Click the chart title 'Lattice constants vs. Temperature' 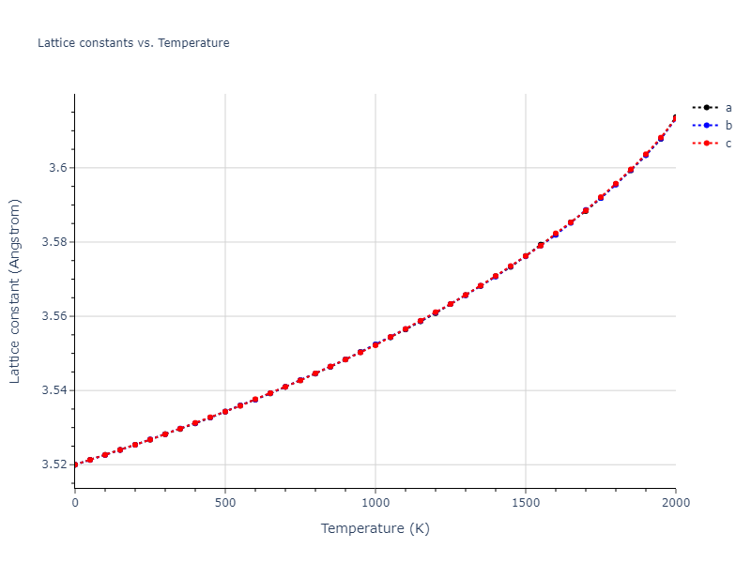click(x=133, y=43)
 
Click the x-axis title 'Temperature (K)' click(x=375, y=528)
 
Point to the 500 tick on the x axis click(x=225, y=503)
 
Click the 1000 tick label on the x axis click(x=375, y=503)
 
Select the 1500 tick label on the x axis click(x=526, y=503)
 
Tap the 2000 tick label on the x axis click(x=675, y=503)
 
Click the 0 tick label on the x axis click(x=75, y=503)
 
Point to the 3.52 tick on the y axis click(x=54, y=464)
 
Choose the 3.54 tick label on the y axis click(x=54, y=390)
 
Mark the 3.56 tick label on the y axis click(x=54, y=316)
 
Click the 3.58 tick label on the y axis click(x=54, y=242)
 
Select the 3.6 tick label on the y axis click(x=58, y=168)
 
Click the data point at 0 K click(x=75, y=464)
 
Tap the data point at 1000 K click(x=375, y=344)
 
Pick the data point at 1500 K click(x=526, y=256)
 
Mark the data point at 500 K click(x=225, y=411)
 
